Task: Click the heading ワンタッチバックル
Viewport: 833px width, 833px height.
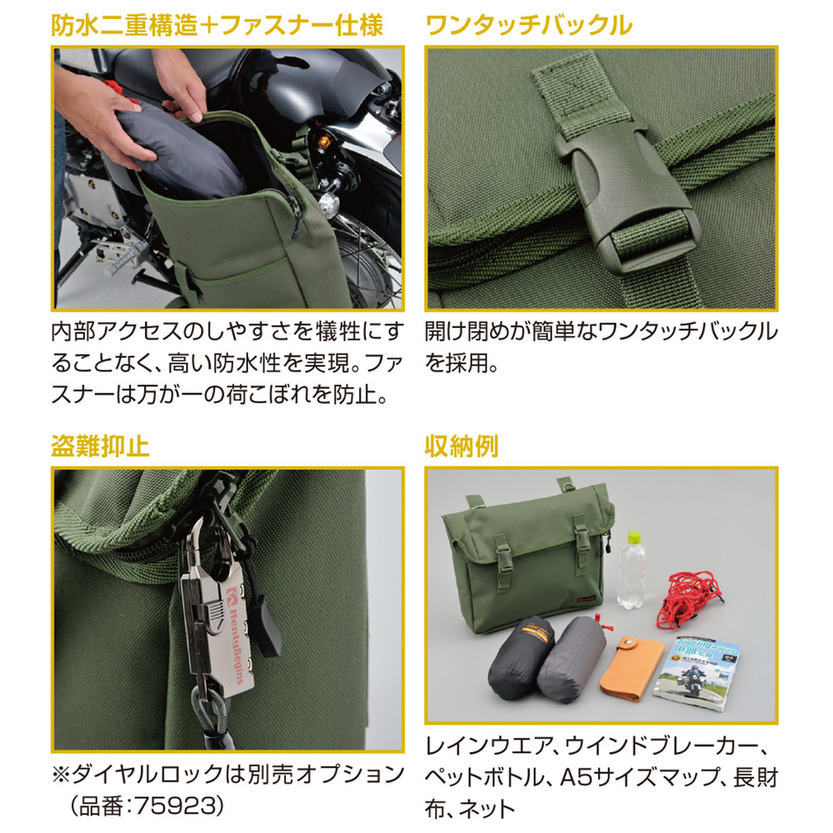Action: tap(529, 25)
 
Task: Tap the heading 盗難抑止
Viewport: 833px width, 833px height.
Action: tap(100, 446)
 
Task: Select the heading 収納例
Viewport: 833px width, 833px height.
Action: tap(461, 446)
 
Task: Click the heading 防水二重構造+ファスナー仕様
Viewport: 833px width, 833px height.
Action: tap(217, 25)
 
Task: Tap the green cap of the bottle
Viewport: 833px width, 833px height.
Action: tap(634, 536)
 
